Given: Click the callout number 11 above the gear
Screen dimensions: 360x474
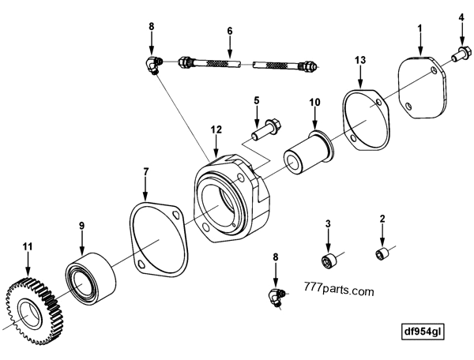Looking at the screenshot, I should point(28,246).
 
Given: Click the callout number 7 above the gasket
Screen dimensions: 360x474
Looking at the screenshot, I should point(145,171).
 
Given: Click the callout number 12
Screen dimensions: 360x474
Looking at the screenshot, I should point(215,128).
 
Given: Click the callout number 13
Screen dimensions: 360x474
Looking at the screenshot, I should point(360,60).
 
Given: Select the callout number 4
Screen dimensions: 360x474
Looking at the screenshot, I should point(462,16).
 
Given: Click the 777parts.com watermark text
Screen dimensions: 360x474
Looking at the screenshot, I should point(338,291).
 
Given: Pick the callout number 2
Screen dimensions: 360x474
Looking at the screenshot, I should point(382,218).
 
